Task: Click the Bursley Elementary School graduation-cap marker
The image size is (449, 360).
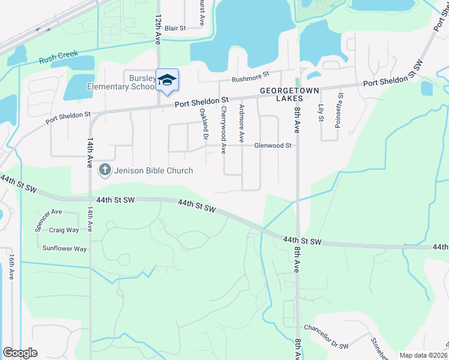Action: [167, 80]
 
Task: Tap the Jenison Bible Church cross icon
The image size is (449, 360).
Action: [104, 170]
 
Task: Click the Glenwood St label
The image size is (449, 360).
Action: [273, 145]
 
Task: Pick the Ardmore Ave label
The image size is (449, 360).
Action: [241, 124]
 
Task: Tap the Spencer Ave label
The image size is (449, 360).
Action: [49, 212]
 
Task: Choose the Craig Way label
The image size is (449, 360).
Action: [64, 230]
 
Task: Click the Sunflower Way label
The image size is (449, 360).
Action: [64, 248]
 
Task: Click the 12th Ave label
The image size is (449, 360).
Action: [158, 30]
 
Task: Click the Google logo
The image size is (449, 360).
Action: [20, 353]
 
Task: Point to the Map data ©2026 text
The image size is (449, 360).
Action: [423, 355]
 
